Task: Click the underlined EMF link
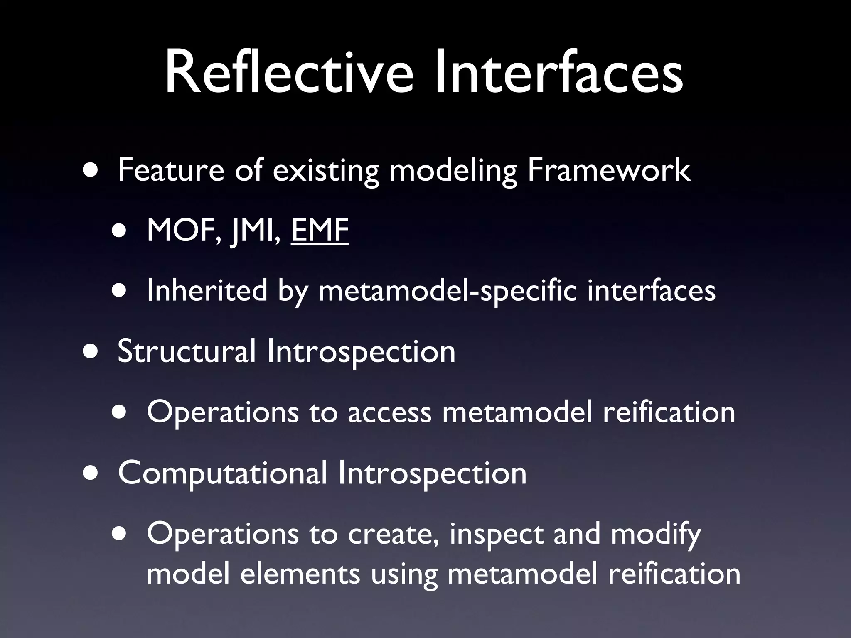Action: click(319, 231)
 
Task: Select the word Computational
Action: click(222, 473)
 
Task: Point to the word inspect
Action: click(496, 534)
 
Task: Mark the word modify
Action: click(656, 534)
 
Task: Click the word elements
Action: click(300, 574)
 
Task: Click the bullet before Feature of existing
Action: click(91, 171)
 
